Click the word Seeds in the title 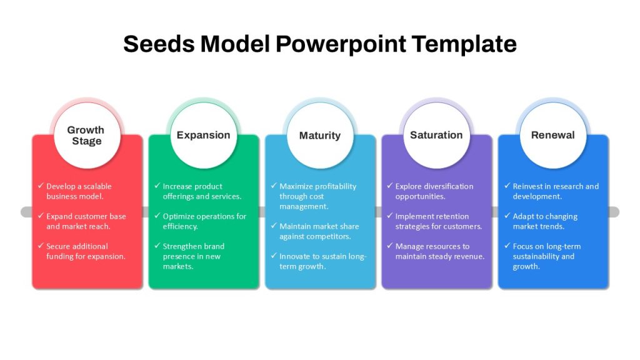159,44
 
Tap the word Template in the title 464,44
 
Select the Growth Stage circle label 86,136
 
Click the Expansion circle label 203,135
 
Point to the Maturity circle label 320,136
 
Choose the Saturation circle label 436,135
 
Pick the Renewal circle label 552,135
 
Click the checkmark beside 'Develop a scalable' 41,186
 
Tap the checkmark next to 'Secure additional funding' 41,246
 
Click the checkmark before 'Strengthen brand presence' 157,246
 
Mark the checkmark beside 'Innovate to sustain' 274,256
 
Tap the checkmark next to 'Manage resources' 390,246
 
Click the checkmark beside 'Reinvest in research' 507,186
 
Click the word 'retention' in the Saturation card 452,216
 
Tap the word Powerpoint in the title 341,44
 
